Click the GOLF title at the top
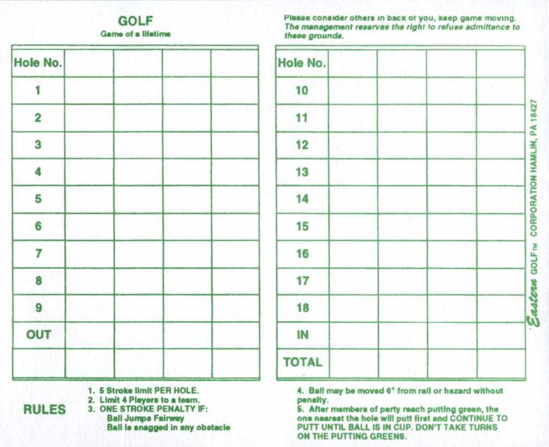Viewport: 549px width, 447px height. (135, 21)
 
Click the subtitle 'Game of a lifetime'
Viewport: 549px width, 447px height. (135, 34)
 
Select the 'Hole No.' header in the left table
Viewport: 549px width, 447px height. (38, 63)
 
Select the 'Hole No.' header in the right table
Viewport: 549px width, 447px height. (302, 63)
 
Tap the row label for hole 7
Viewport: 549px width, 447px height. (38, 253)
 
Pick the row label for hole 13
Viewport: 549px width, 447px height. (302, 172)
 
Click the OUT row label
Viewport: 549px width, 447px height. (38, 335)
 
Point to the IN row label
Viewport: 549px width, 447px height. (302, 335)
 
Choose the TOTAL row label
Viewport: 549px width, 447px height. (302, 362)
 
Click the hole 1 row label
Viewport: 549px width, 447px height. (38, 90)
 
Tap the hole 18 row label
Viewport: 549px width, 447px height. (302, 307)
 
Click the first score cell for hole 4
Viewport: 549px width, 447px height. (89, 172)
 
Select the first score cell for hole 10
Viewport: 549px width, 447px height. (352, 90)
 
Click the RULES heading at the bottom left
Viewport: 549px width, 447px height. (44, 410)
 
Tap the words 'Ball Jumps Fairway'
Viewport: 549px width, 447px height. (145, 418)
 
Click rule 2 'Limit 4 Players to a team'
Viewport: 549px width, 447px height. (144, 400)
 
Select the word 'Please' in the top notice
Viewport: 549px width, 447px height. (297, 18)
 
